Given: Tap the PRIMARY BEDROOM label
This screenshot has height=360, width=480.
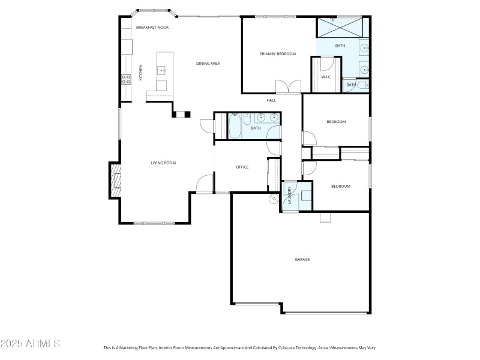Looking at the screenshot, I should pyautogui.click(x=278, y=54).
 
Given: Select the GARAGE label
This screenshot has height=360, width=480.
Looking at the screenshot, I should pyautogui.click(x=302, y=259).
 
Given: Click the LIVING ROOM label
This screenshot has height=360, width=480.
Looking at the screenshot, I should pyautogui.click(x=163, y=163).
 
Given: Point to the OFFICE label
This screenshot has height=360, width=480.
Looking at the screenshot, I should pyautogui.click(x=242, y=167).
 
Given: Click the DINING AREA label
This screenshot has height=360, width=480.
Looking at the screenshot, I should pyautogui.click(x=208, y=63).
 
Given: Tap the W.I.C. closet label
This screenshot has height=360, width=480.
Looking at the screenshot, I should pyautogui.click(x=326, y=77).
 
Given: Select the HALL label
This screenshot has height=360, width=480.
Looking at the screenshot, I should pyautogui.click(x=271, y=100).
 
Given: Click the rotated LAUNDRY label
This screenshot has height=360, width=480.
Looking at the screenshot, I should pyautogui.click(x=289, y=196).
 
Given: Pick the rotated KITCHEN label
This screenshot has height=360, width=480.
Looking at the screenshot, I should pyautogui.click(x=142, y=73).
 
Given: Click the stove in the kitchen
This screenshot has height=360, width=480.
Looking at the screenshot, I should pyautogui.click(x=127, y=78).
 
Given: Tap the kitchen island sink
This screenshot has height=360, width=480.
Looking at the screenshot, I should pyautogui.click(x=163, y=71).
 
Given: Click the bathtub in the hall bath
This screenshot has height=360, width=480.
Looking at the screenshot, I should pyautogui.click(x=234, y=127).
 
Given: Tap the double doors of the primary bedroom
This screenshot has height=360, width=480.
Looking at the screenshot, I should pyautogui.click(x=287, y=86).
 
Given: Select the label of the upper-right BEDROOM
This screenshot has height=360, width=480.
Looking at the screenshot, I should pyautogui.click(x=336, y=122).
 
